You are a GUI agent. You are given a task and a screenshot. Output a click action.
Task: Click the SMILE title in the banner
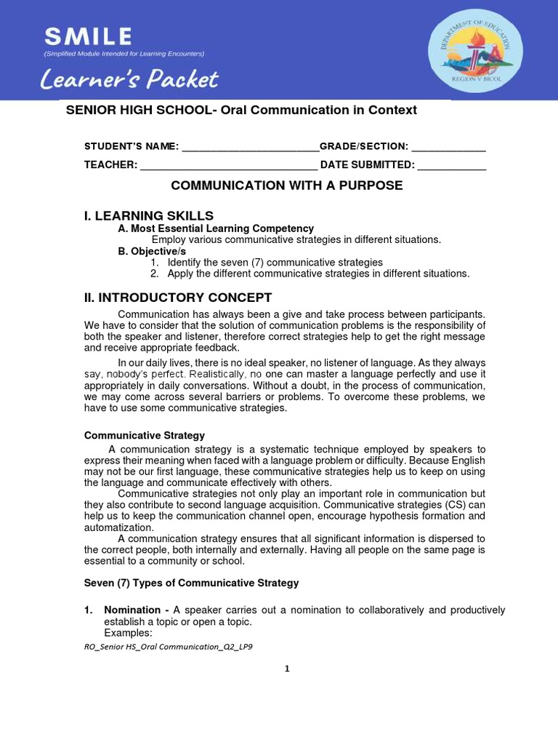coord(88,36)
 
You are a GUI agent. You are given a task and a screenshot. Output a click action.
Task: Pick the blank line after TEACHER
coord(228,166)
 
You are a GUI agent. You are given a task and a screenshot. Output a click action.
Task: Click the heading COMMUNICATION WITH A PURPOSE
coord(286,186)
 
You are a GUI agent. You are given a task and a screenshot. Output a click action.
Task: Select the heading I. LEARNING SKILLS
coord(149,215)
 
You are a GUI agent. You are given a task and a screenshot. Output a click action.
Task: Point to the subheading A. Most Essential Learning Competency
coord(216,228)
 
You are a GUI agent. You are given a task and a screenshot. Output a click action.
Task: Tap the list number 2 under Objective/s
coord(154,274)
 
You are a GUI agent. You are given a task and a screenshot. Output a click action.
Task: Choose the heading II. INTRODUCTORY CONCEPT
coord(178,298)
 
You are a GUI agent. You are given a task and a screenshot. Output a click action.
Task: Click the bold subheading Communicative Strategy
coord(145,435)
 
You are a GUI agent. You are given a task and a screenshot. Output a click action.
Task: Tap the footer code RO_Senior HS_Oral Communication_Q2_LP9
coord(169,647)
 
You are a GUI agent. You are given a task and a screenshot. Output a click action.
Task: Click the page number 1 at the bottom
coord(287,669)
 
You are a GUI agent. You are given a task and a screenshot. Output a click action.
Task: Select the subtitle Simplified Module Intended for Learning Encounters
coord(124,53)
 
